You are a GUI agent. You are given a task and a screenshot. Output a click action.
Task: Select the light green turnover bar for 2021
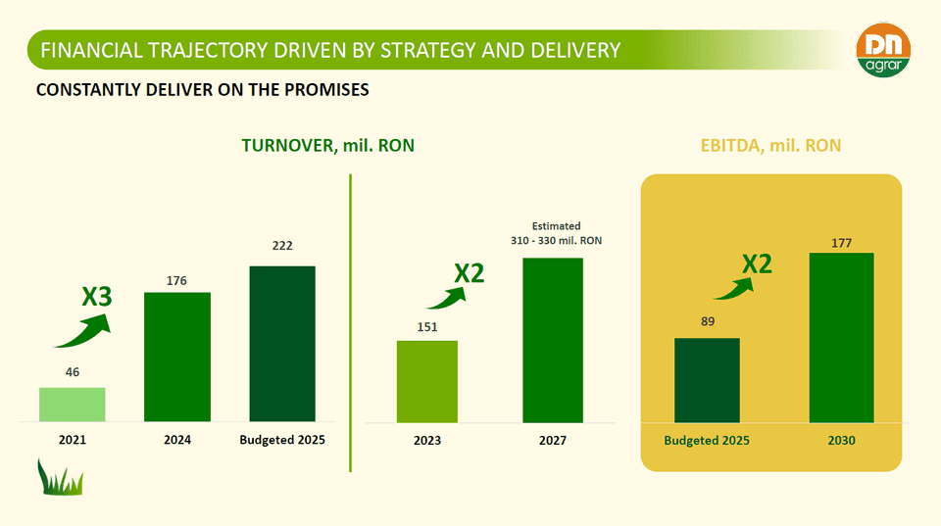click(72, 405)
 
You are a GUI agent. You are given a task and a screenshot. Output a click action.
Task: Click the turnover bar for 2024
click(177, 357)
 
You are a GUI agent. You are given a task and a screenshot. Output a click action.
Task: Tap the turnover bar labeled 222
click(282, 344)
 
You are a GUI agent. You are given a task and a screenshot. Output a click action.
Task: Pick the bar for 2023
click(426, 382)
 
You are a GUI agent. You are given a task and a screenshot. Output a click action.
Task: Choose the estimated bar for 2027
click(553, 340)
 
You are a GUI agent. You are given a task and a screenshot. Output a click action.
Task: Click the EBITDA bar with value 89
click(707, 380)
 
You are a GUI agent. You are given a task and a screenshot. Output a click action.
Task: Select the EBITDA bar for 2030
click(841, 338)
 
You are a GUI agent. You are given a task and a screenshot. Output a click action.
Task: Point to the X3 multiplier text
click(96, 296)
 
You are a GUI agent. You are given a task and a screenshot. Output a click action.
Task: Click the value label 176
click(176, 281)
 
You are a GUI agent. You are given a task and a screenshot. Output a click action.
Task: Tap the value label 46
click(72, 373)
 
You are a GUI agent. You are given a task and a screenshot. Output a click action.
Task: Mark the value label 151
click(427, 327)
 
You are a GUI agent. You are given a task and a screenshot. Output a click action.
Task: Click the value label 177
click(841, 242)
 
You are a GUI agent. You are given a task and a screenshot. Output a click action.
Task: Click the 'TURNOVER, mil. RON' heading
click(327, 146)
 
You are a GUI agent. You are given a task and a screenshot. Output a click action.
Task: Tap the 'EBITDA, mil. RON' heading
click(770, 146)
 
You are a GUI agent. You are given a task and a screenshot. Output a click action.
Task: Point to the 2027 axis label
click(553, 441)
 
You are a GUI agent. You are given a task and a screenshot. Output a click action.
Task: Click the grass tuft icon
click(60, 477)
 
